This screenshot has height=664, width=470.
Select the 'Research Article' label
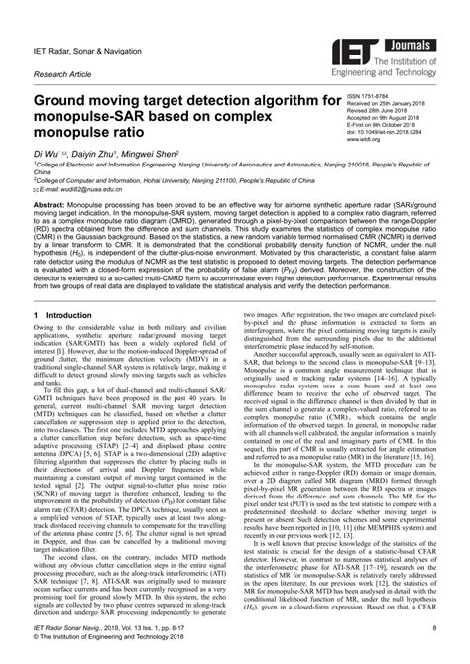pyautogui.click(x=61, y=73)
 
